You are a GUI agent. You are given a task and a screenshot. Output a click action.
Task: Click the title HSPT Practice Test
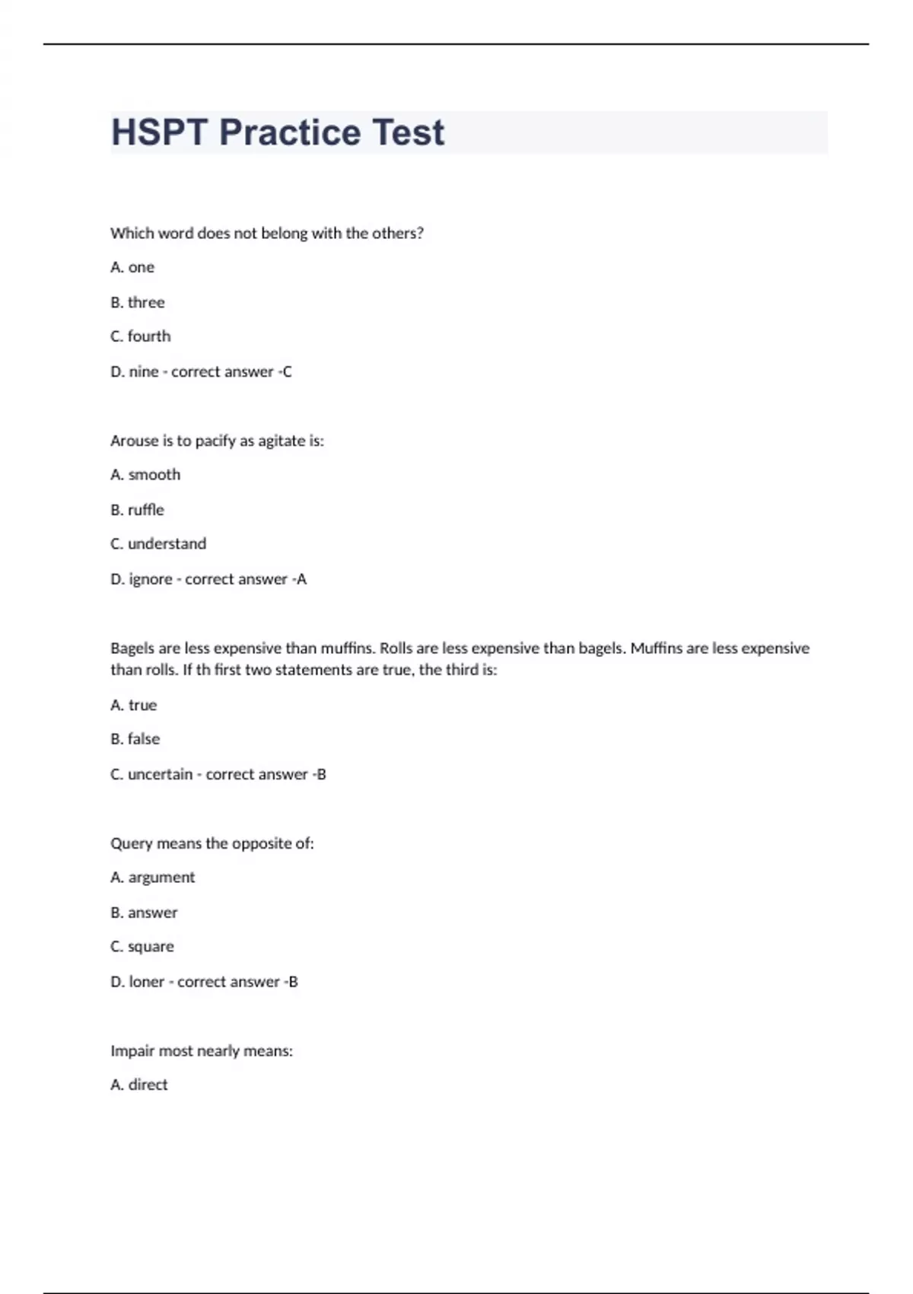(278, 132)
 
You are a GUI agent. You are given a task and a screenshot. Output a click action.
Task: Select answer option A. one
(132, 267)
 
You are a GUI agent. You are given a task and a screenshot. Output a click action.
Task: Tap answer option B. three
(138, 302)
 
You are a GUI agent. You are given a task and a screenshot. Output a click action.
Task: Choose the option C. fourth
(141, 336)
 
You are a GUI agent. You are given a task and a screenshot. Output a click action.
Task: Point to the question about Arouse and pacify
(217, 441)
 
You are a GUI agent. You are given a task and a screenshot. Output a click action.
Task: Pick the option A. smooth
(145, 475)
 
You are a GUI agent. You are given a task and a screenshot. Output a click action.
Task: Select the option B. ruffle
(138, 510)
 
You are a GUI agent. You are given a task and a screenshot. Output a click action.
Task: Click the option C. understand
(158, 544)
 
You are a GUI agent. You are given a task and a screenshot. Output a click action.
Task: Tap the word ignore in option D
(150, 579)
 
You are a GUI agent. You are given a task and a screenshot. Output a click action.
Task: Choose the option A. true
(134, 705)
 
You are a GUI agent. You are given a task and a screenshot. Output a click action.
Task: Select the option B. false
(135, 739)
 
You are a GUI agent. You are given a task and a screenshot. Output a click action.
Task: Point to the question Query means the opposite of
(212, 843)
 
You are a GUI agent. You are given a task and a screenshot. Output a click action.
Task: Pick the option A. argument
(153, 878)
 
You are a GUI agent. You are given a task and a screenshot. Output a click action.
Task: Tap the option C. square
(142, 947)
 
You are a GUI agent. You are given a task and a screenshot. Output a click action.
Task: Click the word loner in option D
(147, 982)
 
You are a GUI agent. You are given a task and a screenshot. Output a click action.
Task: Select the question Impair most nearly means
(202, 1051)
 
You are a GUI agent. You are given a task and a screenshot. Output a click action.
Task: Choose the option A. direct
(139, 1085)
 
